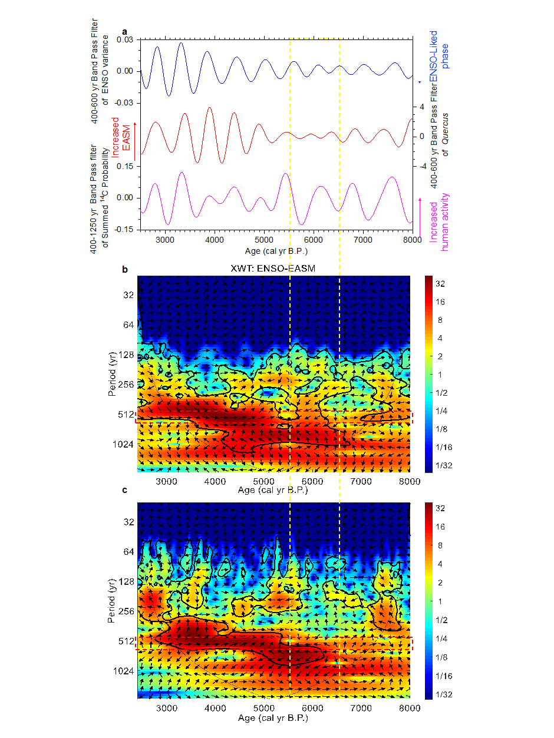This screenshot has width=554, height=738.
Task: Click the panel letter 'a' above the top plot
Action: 124,31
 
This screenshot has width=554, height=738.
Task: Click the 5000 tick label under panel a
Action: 264,239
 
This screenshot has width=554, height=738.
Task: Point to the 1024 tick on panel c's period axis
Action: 123,671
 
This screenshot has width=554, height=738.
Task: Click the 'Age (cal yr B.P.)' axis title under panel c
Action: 273,718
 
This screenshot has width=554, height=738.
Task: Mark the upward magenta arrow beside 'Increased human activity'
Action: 420,216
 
